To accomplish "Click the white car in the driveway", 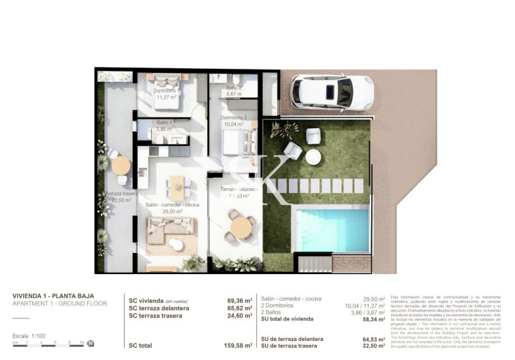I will coord(332,92).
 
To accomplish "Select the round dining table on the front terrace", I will coord(240,226).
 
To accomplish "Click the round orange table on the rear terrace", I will coord(121,166).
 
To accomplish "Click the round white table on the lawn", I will coord(313,157).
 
